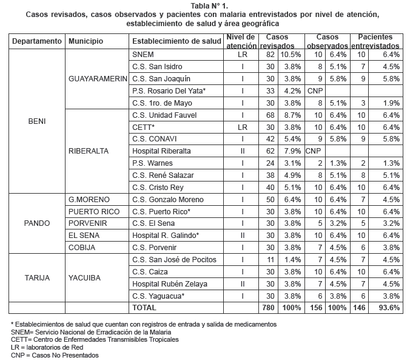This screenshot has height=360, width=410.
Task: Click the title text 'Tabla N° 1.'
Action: pyautogui.click(x=204, y=6)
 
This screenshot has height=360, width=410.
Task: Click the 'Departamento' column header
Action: pyautogui.click(x=37, y=41)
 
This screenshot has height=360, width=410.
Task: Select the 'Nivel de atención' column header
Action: pyautogui.click(x=241, y=41)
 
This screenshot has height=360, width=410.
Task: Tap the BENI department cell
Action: pyautogui.click(x=37, y=121)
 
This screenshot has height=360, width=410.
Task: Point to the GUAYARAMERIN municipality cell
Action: pyautogui.click(x=97, y=79)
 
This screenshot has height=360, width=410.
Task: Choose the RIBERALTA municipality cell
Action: pyautogui.click(x=89, y=151)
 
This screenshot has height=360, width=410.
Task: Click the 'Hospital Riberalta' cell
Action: pyautogui.click(x=161, y=151)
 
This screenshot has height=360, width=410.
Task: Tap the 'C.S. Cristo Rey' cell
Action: pyautogui.click(x=157, y=187)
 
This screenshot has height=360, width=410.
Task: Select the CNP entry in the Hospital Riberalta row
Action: pyautogui.click(x=313, y=151)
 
